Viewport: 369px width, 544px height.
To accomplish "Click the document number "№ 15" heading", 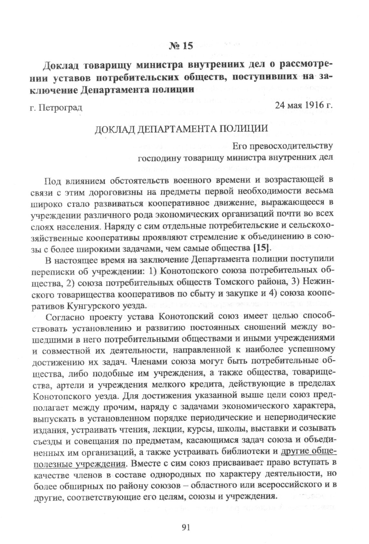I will (181, 46).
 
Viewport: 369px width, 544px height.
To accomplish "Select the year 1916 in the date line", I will (309, 105).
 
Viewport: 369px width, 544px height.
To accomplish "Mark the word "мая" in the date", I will (290, 105).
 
